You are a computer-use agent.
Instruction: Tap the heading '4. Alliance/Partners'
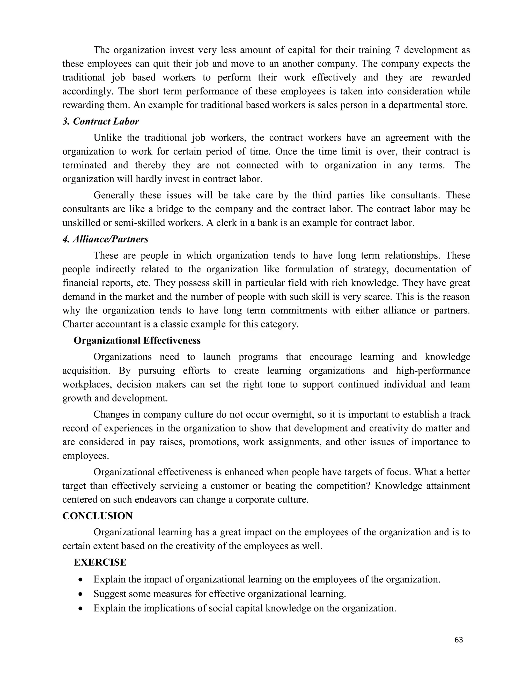click(x=106, y=239)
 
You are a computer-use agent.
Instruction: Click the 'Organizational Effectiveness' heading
click(x=137, y=341)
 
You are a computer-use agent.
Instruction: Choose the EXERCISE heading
click(x=100, y=562)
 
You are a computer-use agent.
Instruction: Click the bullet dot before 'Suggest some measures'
click(x=81, y=594)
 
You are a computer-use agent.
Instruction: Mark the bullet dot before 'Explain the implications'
click(x=81, y=609)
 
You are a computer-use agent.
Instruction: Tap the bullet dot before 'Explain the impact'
click(x=81, y=580)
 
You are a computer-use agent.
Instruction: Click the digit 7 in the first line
click(x=396, y=50)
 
